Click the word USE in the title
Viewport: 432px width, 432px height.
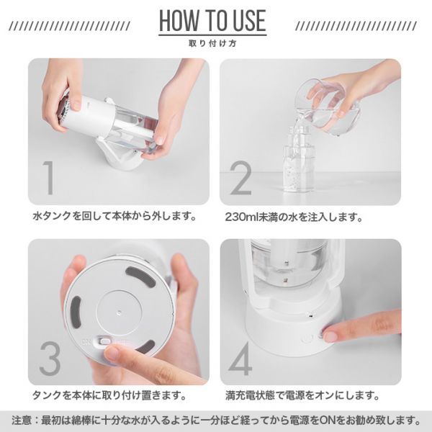pyautogui.click(x=249, y=21)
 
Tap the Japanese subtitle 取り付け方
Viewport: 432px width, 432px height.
pyautogui.click(x=212, y=43)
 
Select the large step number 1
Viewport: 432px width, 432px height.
pyautogui.click(x=49, y=178)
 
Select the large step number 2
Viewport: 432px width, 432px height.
pyautogui.click(x=241, y=178)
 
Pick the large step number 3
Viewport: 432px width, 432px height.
pyautogui.click(x=50, y=359)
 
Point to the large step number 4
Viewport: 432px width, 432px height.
pyautogui.click(x=240, y=359)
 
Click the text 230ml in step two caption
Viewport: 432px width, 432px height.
pyautogui.click(x=240, y=217)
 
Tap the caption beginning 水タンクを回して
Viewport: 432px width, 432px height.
pyautogui.click(x=115, y=216)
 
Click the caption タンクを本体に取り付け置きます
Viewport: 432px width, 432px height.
pyautogui.click(x=109, y=395)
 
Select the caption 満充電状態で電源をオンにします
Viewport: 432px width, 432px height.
pyautogui.click(x=302, y=395)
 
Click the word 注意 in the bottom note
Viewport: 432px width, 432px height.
pyautogui.click(x=22, y=420)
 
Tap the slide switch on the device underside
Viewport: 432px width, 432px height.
pyautogui.click(x=104, y=341)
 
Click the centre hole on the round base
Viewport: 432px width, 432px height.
pyautogui.click(x=119, y=312)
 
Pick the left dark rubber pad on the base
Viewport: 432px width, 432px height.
pyautogui.click(x=76, y=310)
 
